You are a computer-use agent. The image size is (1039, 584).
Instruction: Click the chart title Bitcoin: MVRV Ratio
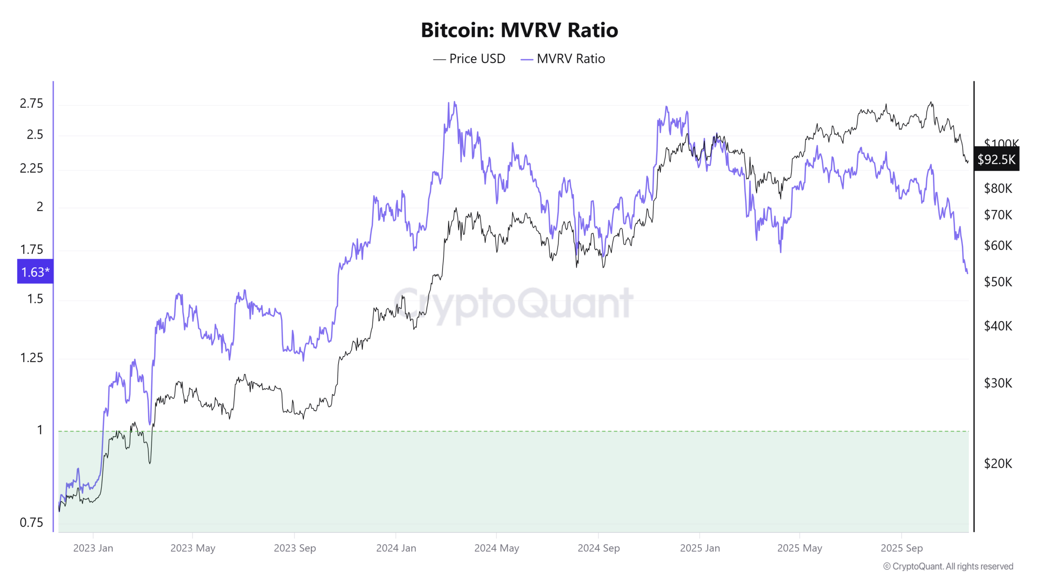tap(519, 30)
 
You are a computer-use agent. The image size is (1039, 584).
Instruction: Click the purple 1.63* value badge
tap(35, 272)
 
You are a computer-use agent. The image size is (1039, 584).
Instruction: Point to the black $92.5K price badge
tap(996, 159)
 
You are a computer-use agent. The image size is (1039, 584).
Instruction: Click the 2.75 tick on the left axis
tap(31, 103)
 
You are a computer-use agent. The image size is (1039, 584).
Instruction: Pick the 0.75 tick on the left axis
tap(31, 522)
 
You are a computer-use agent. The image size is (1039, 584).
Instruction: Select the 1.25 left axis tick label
tap(31, 358)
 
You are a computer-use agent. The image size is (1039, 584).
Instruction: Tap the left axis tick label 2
tap(39, 207)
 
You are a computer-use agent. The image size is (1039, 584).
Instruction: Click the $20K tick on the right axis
tap(998, 463)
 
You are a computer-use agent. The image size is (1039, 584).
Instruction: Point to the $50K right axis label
tap(998, 281)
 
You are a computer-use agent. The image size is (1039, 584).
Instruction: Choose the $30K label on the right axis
tap(998, 382)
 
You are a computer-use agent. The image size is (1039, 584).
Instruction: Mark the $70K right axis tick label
tap(998, 215)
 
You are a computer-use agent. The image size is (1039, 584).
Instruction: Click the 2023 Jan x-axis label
tap(93, 548)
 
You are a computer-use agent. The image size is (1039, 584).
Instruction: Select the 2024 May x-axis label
tap(496, 548)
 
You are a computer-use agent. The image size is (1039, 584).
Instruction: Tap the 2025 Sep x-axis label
tap(901, 548)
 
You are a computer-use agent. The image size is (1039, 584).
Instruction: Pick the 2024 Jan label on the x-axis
tap(396, 548)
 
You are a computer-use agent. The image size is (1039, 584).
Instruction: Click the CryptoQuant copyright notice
tap(948, 566)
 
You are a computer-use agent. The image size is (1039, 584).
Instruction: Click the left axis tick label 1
tap(39, 430)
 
